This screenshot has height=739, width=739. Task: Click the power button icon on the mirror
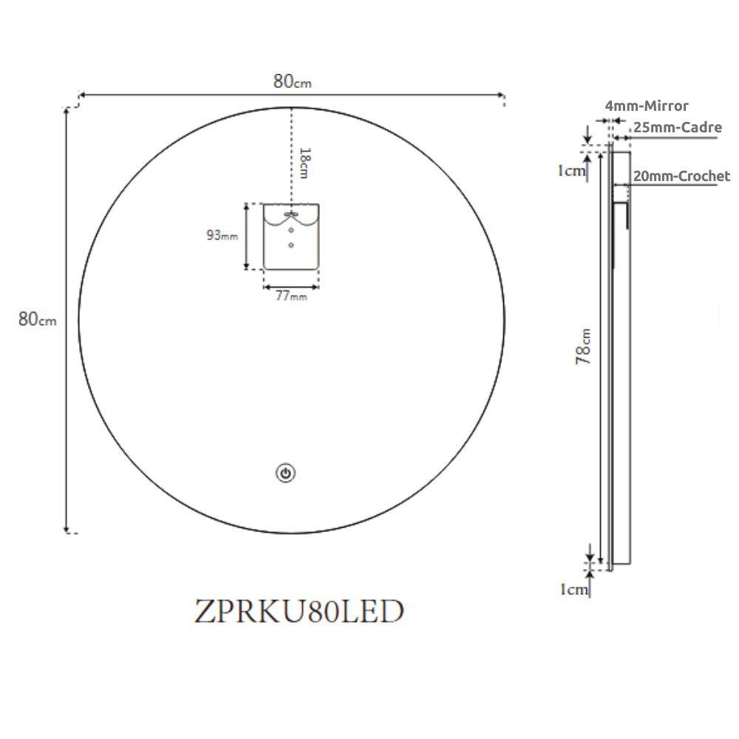[285, 473]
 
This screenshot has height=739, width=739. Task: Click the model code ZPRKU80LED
[299, 611]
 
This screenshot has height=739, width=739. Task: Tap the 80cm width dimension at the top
[292, 81]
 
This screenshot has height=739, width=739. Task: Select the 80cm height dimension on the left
[37, 319]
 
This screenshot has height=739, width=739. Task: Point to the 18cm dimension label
[305, 163]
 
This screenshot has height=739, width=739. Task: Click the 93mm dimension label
[222, 235]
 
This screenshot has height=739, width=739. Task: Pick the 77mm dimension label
[291, 296]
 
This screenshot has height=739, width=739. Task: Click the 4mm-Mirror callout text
[647, 106]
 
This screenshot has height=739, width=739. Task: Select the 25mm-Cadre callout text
[677, 127]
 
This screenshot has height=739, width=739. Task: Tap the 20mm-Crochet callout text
[681, 176]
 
